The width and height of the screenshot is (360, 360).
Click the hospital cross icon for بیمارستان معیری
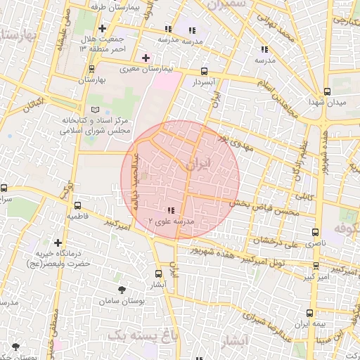[146, 57]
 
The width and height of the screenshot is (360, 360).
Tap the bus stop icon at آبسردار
[204, 71]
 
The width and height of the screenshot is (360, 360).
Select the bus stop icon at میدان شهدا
[327, 91]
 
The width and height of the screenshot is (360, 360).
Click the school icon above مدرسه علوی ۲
[172, 210]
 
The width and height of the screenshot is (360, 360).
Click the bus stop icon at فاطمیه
[77, 205]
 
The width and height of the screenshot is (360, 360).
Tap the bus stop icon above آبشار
[157, 274]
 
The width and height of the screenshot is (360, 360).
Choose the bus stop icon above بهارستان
[91, 69]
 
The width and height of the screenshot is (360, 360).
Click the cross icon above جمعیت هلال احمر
[103, 29]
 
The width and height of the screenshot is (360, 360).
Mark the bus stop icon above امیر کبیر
[316, 266]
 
